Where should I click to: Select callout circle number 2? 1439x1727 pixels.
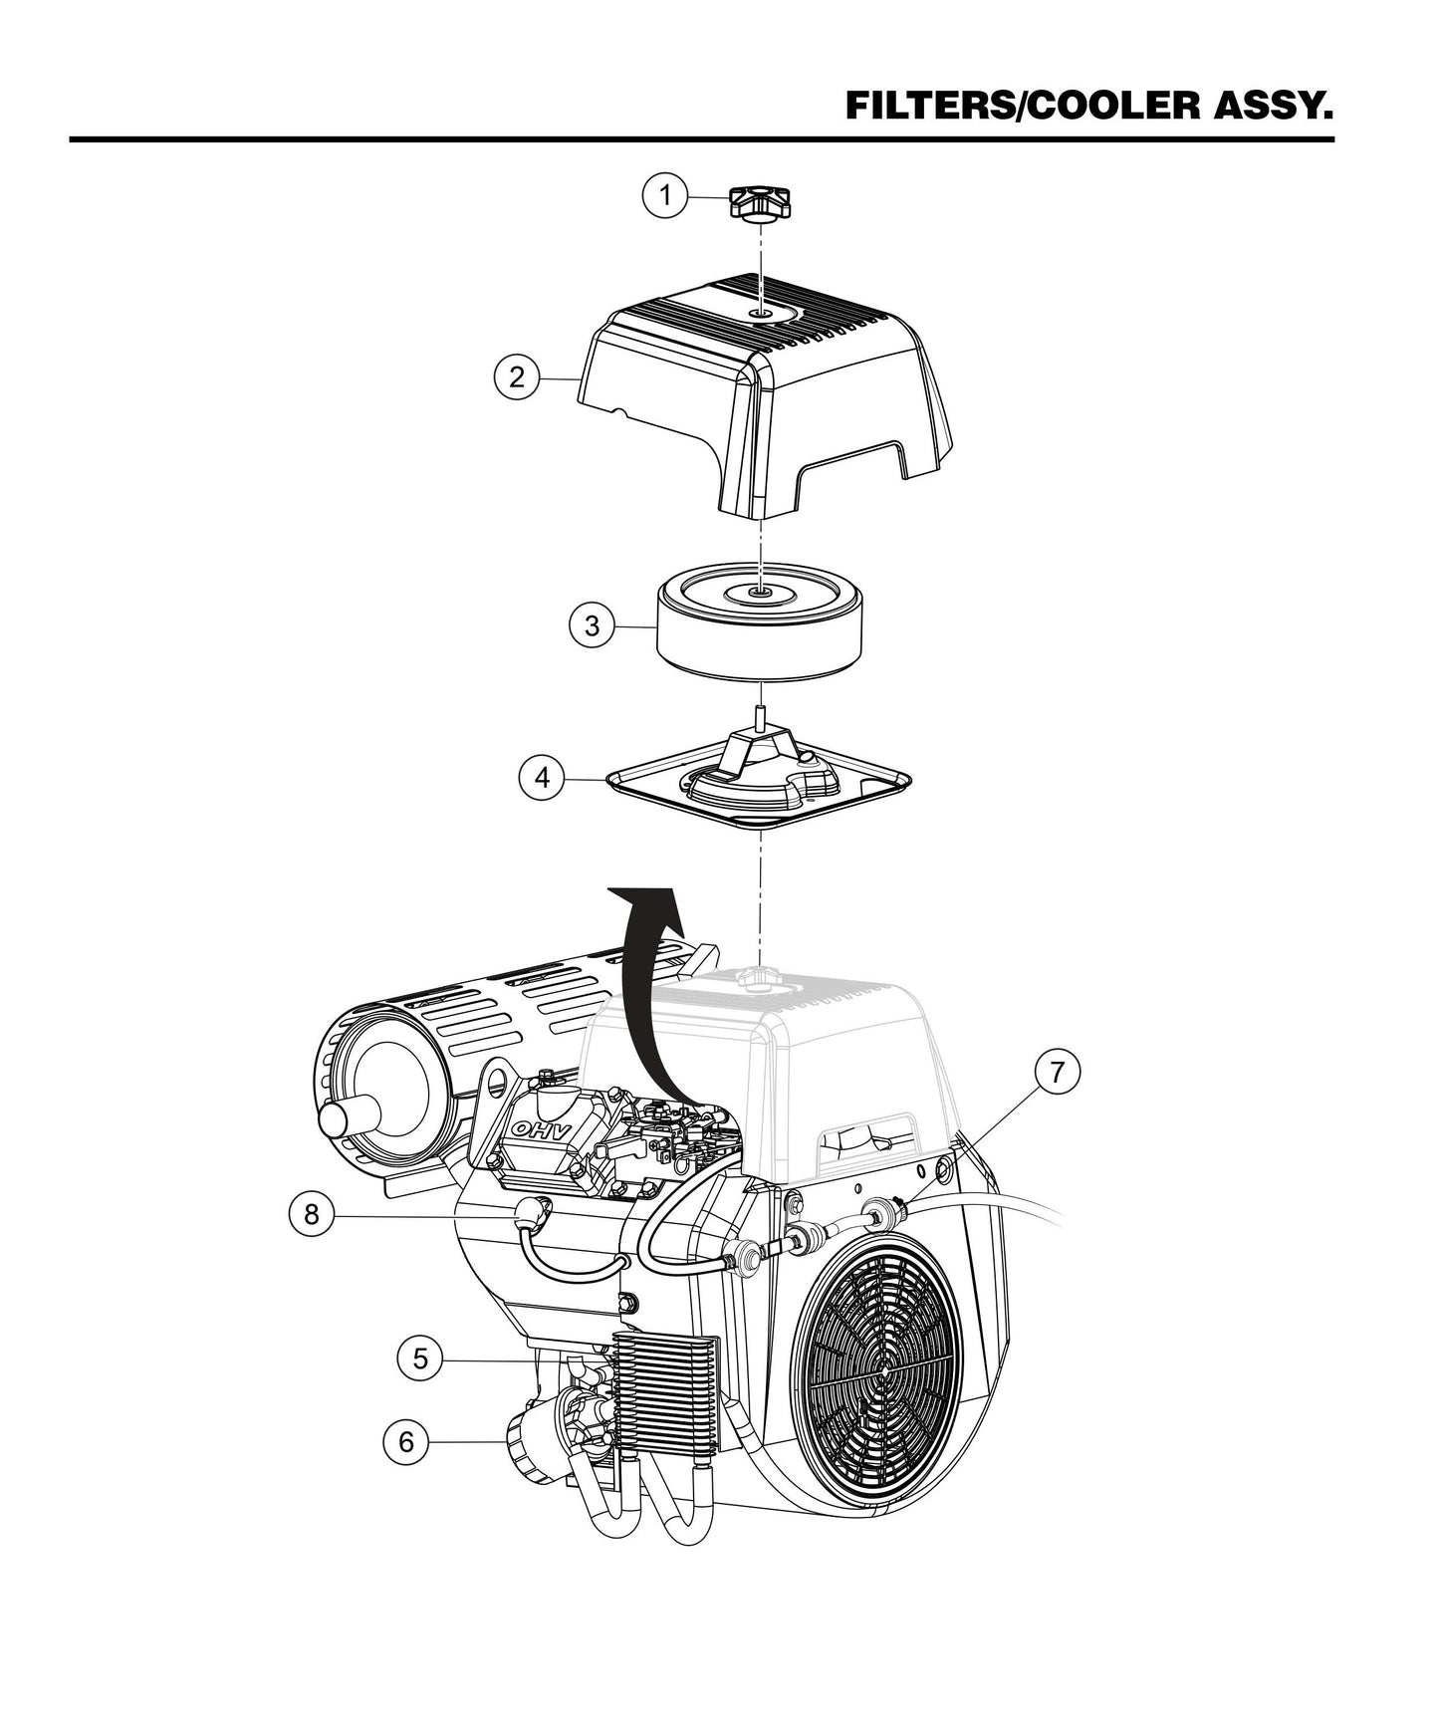coord(516,377)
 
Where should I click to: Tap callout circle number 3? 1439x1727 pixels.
coord(592,626)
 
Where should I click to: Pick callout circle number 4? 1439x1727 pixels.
coord(542,777)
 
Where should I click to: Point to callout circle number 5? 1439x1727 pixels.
coord(419,1358)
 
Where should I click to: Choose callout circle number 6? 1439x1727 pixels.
coord(405,1441)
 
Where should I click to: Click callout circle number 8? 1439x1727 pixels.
coord(312,1215)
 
